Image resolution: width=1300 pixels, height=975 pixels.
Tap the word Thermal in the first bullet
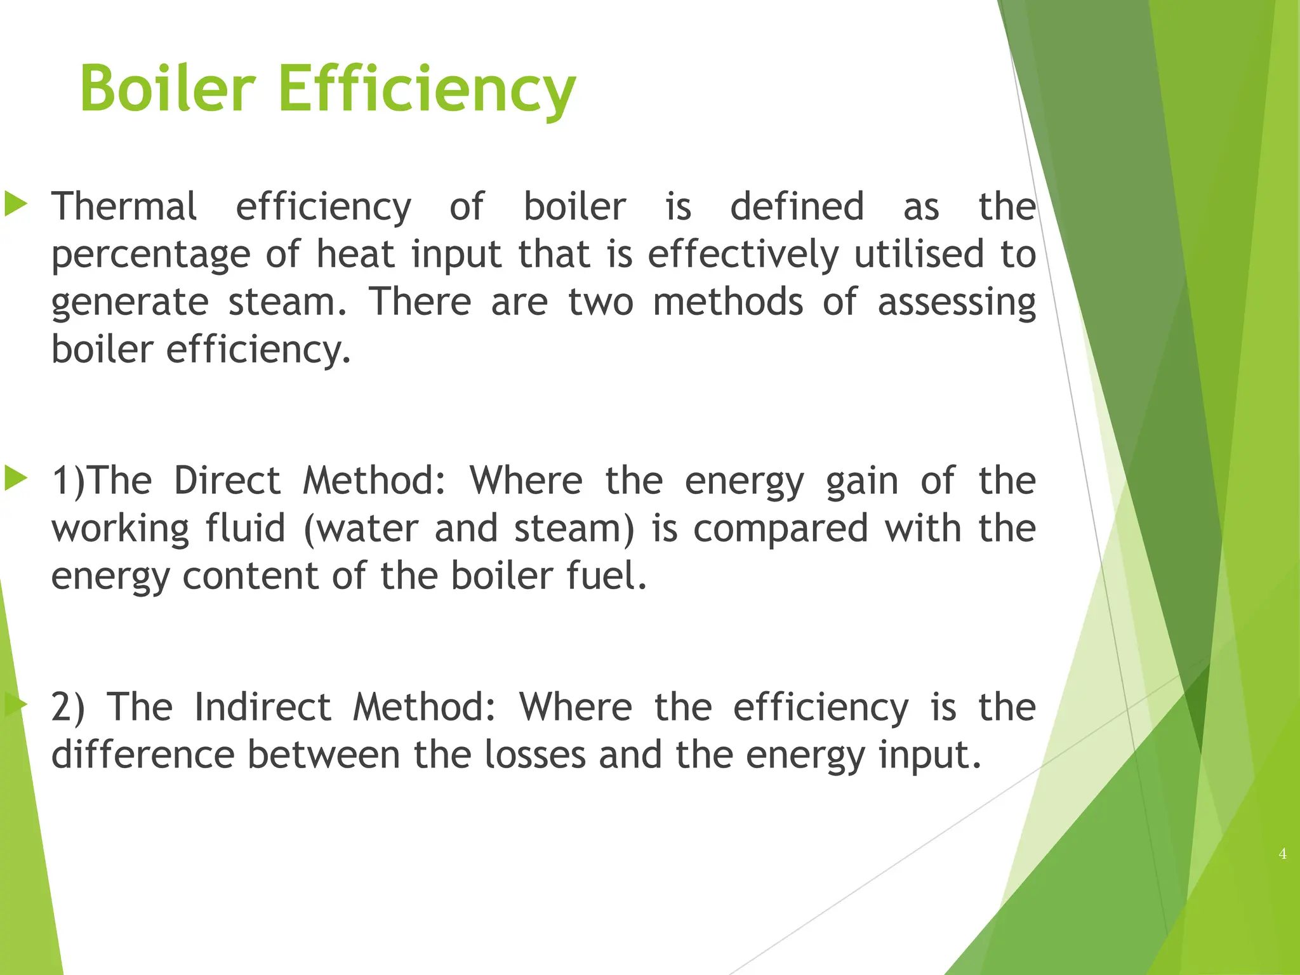point(124,206)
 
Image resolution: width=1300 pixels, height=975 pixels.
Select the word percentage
point(151,255)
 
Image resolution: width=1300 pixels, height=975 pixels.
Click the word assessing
point(957,303)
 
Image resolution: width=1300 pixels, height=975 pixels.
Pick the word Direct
point(227,481)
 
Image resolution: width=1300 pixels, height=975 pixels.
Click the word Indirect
point(262,707)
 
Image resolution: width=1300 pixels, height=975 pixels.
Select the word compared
point(780,530)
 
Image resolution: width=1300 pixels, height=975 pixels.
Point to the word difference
point(143,755)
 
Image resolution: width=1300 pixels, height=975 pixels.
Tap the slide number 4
point(1282,854)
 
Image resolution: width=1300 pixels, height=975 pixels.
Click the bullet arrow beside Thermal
point(16,204)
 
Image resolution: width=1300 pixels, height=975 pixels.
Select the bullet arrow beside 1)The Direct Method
point(16,479)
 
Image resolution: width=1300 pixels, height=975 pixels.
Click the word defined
point(797,206)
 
